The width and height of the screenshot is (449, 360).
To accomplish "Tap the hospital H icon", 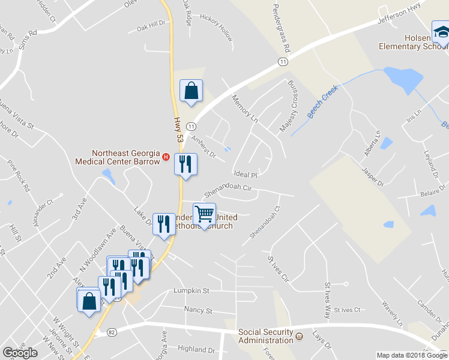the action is (166, 158).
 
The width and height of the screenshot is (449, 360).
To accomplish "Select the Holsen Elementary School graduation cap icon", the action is (441, 31).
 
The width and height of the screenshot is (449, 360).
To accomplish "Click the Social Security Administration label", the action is (265, 337).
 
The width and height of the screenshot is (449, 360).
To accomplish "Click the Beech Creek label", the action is (323, 101).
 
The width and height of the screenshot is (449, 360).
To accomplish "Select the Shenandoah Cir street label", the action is (227, 191).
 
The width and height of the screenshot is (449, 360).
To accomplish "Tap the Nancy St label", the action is (199, 311).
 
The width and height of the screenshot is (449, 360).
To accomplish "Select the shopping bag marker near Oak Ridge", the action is (191, 92).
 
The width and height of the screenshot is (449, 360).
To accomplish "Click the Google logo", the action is (20, 353).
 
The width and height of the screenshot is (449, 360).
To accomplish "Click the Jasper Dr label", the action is (373, 176).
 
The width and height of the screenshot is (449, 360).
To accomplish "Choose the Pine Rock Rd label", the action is (18, 175).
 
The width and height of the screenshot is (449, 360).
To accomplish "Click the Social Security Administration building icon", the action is (299, 337).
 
